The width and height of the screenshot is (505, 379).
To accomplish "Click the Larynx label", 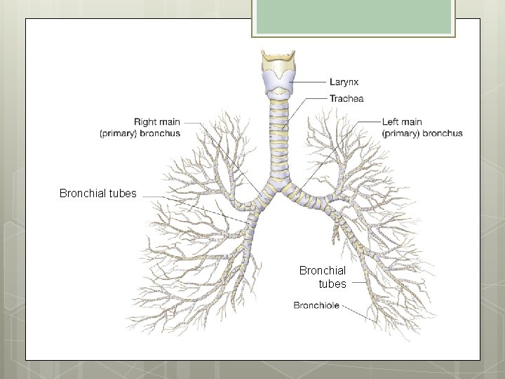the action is click(x=344, y=82).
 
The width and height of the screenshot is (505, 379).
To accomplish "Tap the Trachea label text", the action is click(x=346, y=99).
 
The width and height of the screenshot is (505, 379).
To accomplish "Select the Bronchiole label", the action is click(x=316, y=305).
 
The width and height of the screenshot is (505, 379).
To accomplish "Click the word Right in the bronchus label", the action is click(x=147, y=122).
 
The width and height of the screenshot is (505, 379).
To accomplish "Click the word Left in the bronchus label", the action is click(x=392, y=122).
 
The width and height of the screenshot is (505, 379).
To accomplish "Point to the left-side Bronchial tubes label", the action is click(x=98, y=193).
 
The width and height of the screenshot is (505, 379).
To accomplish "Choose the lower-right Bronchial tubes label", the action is click(x=323, y=277).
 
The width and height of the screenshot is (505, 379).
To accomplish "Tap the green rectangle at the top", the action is click(x=354, y=18).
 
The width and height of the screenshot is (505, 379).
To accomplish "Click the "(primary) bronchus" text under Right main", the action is click(x=140, y=133).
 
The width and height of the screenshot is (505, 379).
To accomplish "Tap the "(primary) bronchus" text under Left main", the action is click(x=422, y=133).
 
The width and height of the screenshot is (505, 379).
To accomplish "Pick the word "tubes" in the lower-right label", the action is click(x=332, y=284).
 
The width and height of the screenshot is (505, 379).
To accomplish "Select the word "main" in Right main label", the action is click(x=170, y=122).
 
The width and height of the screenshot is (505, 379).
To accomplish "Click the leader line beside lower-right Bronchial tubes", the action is click(x=358, y=284).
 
